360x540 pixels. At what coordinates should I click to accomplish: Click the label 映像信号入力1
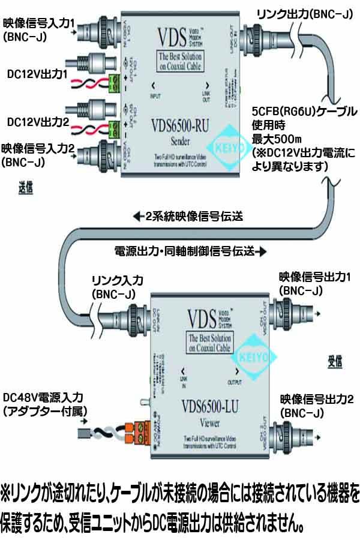coord(38,24)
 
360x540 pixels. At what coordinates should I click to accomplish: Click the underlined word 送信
coord(25,188)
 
